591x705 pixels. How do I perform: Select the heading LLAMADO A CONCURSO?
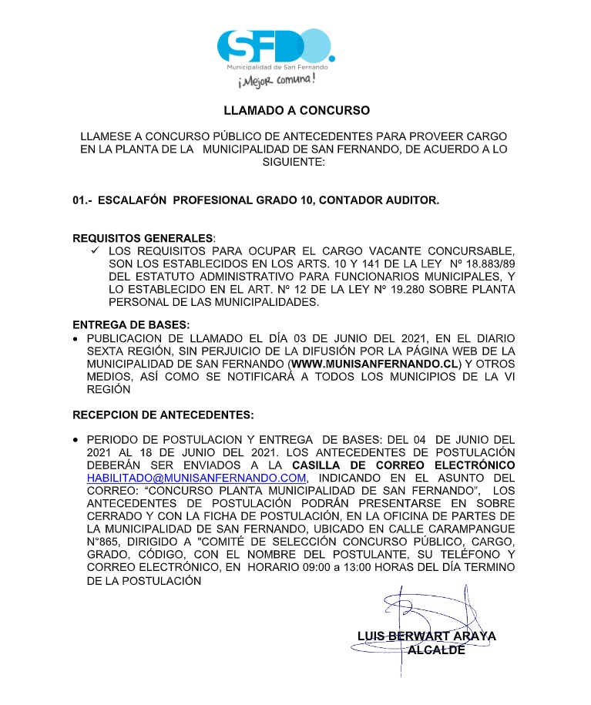coord(297,110)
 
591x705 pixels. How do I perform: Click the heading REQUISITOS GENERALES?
coord(143,238)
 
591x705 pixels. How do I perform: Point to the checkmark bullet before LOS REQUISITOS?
coord(96,251)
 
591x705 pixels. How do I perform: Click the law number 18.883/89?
coord(487,264)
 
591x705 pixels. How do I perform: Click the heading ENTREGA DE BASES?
coord(131,326)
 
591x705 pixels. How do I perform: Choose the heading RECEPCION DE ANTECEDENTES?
coord(163,415)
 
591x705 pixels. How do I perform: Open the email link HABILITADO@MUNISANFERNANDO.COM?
coord(197,478)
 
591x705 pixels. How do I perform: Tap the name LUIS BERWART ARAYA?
coord(426,636)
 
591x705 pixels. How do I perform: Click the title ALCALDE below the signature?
coord(435,650)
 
